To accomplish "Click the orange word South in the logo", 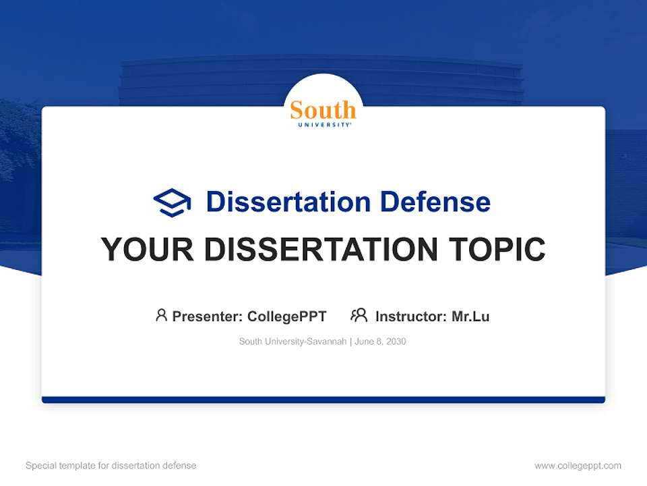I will (323, 109).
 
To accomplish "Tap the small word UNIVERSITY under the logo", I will (323, 124).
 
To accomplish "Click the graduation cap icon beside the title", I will (172, 202).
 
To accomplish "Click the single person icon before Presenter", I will (161, 315).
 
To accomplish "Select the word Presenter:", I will (208, 317).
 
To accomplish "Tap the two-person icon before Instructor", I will (359, 315).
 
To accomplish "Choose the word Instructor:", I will (410, 317).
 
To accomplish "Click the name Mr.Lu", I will (470, 317).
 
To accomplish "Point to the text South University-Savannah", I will (292, 342).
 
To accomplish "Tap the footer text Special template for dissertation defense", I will (111, 466).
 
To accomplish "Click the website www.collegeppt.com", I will (578, 466).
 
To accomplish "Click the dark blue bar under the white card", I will (323, 400).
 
